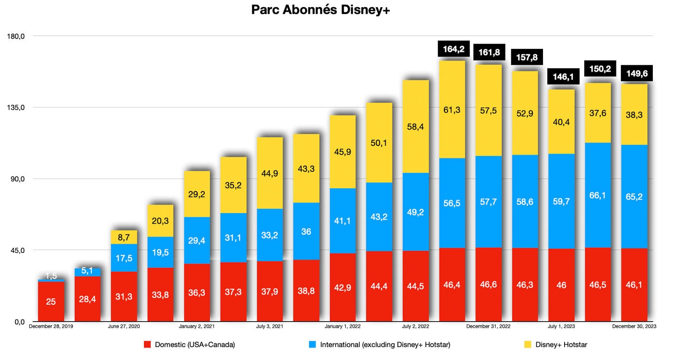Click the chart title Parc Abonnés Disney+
[x=320, y=11]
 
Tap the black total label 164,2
[x=452, y=49]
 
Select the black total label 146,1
[x=561, y=76]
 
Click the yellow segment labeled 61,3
[x=452, y=110]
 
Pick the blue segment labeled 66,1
[x=598, y=195]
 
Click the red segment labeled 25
[x=51, y=301]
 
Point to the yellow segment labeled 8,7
[x=124, y=237]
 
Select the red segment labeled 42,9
[x=343, y=287]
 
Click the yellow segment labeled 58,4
[x=415, y=127]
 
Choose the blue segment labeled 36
[x=306, y=231]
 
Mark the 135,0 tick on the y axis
[x=16, y=108]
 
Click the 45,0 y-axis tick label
[x=16, y=250]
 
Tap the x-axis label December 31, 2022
[x=488, y=326]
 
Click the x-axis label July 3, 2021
[x=270, y=326]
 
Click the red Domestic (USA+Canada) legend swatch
[x=148, y=344]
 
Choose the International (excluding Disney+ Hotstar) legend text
[x=385, y=344]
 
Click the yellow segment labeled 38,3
[x=634, y=115]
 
